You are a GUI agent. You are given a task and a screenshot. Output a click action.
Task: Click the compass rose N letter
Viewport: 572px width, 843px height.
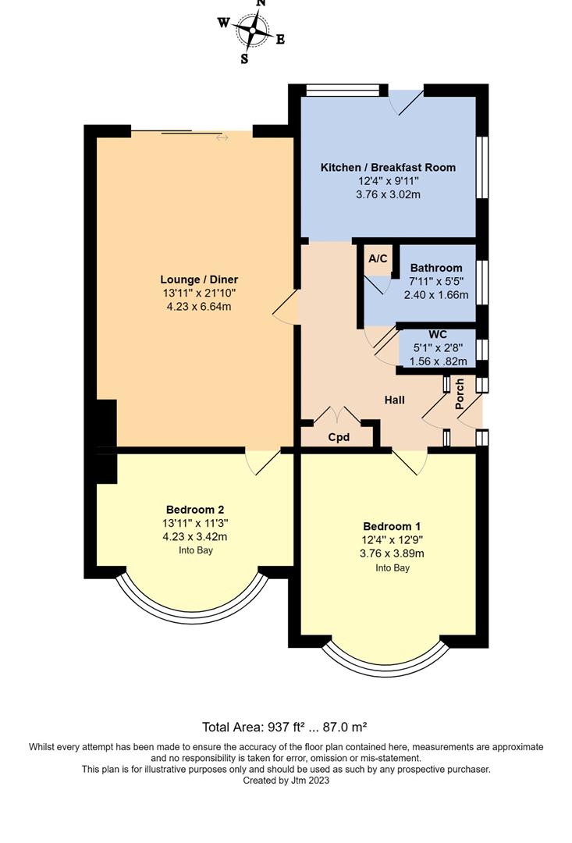pos(261,3)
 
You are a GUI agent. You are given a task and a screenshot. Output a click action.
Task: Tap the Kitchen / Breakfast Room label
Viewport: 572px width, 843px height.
pos(388,168)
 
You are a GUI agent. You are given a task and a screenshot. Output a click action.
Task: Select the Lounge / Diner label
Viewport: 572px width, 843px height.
pos(199,279)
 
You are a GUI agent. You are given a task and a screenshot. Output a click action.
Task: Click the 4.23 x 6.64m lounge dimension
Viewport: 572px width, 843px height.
pos(199,307)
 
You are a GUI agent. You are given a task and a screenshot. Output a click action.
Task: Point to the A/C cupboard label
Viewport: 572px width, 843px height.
pos(378,259)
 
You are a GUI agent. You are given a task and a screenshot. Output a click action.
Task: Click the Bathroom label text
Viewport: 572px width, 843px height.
pos(436,268)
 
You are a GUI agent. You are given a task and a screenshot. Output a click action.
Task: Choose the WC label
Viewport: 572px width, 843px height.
pos(436,335)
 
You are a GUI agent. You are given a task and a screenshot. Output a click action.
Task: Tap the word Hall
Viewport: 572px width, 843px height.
pos(394,400)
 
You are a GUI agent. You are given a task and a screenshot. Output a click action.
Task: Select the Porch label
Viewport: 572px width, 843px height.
pos(460,394)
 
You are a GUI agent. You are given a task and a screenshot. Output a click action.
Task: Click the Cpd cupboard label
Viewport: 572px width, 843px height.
pos(338,438)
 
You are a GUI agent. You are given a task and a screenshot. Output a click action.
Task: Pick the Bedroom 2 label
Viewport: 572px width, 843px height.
pos(195,509)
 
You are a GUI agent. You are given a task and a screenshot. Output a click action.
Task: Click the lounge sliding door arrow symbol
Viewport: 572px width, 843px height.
pos(222,138)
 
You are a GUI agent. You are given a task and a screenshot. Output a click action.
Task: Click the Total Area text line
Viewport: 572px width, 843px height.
pos(285,727)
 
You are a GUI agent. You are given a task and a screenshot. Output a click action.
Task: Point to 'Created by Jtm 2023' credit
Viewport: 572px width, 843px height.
pos(286,780)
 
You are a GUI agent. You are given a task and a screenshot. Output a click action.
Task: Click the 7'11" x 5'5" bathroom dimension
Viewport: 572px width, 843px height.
pos(436,282)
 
